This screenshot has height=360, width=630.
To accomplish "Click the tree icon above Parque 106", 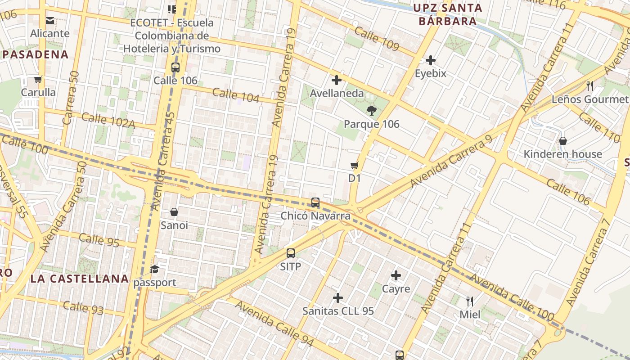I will tap(371, 111).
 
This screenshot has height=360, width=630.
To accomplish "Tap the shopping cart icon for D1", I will tap(355, 165).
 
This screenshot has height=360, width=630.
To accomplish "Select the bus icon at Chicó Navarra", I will tap(315, 202).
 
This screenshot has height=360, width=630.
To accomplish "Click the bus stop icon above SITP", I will tap(291, 253).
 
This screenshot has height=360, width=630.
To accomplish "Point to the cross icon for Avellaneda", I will tap(336, 81).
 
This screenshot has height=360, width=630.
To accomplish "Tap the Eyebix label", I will tap(431, 73).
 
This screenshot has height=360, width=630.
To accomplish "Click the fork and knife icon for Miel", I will tap(470, 301).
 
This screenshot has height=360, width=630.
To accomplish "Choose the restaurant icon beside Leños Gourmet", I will tap(590, 85).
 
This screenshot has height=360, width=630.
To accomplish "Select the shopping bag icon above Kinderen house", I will tap(562, 141).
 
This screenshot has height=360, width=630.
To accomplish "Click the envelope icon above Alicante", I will tap(50, 20).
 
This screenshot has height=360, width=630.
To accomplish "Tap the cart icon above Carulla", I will tap(38, 80).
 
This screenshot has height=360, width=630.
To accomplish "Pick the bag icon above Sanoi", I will tap(174, 212).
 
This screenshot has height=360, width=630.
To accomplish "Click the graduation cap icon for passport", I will tap(155, 270).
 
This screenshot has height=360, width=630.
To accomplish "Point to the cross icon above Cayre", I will tap(396, 275).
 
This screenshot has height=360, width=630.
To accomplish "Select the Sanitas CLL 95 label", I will tap(338, 311).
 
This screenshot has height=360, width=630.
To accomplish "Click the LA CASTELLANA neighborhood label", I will tap(80, 279).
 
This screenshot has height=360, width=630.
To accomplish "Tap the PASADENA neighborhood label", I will tap(35, 54).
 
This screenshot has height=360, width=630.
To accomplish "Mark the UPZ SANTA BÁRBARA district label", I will tap(447, 14).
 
